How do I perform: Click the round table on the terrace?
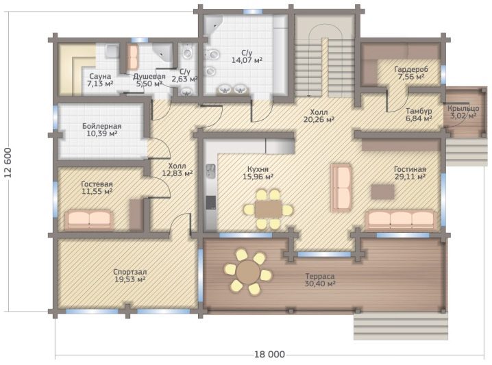[247, 272]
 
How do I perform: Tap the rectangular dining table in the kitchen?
[269, 209]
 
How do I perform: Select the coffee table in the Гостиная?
[382, 192]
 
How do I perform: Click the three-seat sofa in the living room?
[400, 221]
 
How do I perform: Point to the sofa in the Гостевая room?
[90, 221]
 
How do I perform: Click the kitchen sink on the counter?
[210, 171]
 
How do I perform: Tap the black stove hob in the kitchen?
[210, 202]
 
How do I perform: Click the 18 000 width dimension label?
[269, 354]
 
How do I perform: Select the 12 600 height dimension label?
[8, 162]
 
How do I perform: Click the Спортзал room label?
[130, 272]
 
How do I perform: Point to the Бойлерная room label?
[101, 127]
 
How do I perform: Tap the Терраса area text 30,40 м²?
[320, 284]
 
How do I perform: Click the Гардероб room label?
[411, 69]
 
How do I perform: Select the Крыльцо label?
[463, 108]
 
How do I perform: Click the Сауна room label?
[100, 76]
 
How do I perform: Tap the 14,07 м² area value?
[247, 60]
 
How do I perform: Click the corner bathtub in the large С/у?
[213, 25]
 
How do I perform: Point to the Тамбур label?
[419, 111]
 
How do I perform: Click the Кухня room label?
[258, 169]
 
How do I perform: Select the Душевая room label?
[149, 77]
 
